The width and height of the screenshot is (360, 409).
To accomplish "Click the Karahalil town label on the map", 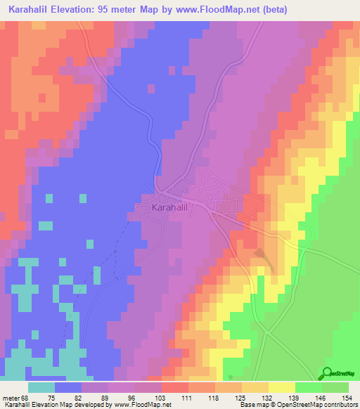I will click(x=169, y=208).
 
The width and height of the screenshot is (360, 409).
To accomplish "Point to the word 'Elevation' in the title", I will click(x=79, y=8).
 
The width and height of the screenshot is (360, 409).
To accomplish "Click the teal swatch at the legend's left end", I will click(x=41, y=388).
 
